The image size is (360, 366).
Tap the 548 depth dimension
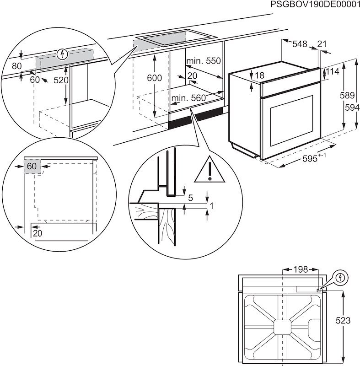pos(300,44)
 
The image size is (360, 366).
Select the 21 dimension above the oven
pos(322,44)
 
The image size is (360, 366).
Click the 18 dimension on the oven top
pos(260,76)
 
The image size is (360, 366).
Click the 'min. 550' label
pos(203,61)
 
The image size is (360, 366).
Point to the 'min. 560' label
pos(188,97)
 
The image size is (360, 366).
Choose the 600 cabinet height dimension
pos(154,78)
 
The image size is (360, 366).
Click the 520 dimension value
pos(60,80)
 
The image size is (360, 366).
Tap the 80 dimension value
pos(16,66)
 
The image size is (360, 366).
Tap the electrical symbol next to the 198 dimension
pos(340,278)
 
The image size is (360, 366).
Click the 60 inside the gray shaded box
pos(31,167)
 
